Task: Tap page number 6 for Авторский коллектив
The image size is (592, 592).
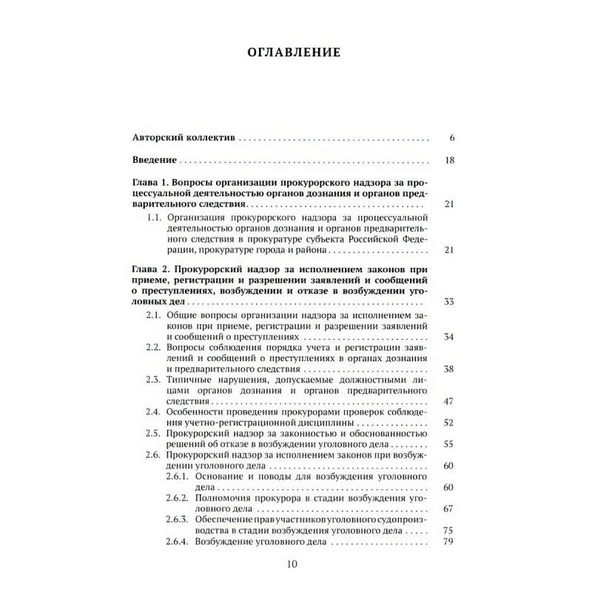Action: coord(451,138)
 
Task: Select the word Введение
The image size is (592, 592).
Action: coord(154,161)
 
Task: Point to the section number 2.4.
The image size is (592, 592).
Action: coord(154,411)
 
